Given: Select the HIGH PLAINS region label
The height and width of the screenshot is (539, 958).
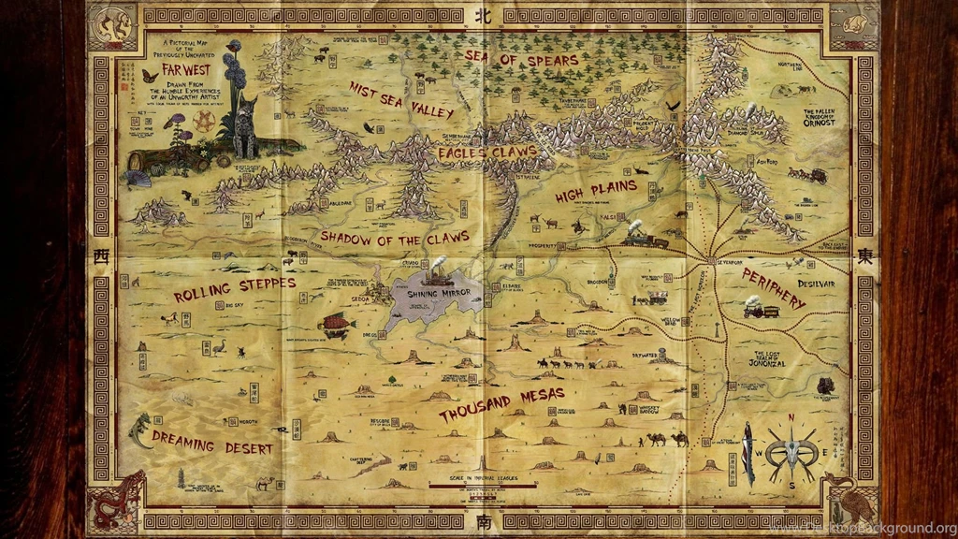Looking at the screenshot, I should pyautogui.click(x=595, y=191).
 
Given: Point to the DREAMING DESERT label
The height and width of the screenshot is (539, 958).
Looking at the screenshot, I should pyautogui.click(x=212, y=446).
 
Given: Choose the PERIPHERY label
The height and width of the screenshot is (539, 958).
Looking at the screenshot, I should pyautogui.click(x=773, y=289).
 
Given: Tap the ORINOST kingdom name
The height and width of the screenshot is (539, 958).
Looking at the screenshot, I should pyautogui.click(x=821, y=122).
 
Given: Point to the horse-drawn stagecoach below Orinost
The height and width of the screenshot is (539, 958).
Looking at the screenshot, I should pyautogui.click(x=806, y=174).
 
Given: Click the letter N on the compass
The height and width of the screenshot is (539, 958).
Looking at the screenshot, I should pyautogui.click(x=791, y=418).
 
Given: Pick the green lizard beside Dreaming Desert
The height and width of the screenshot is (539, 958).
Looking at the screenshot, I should pyautogui.click(x=140, y=430).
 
